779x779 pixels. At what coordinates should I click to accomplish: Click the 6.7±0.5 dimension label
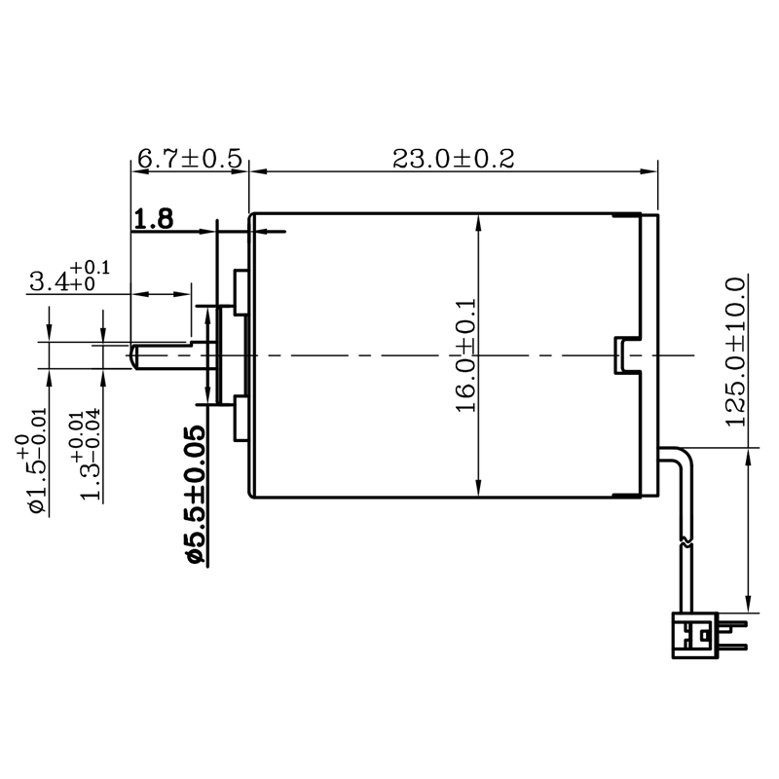click(189, 159)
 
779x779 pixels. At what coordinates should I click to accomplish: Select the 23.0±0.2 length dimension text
click(454, 159)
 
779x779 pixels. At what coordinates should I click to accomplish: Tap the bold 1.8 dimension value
click(154, 219)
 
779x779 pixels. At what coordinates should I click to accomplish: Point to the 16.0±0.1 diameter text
click(466, 355)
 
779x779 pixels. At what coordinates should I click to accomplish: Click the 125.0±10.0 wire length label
click(736, 352)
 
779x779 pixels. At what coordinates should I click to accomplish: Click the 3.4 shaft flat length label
click(69, 278)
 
